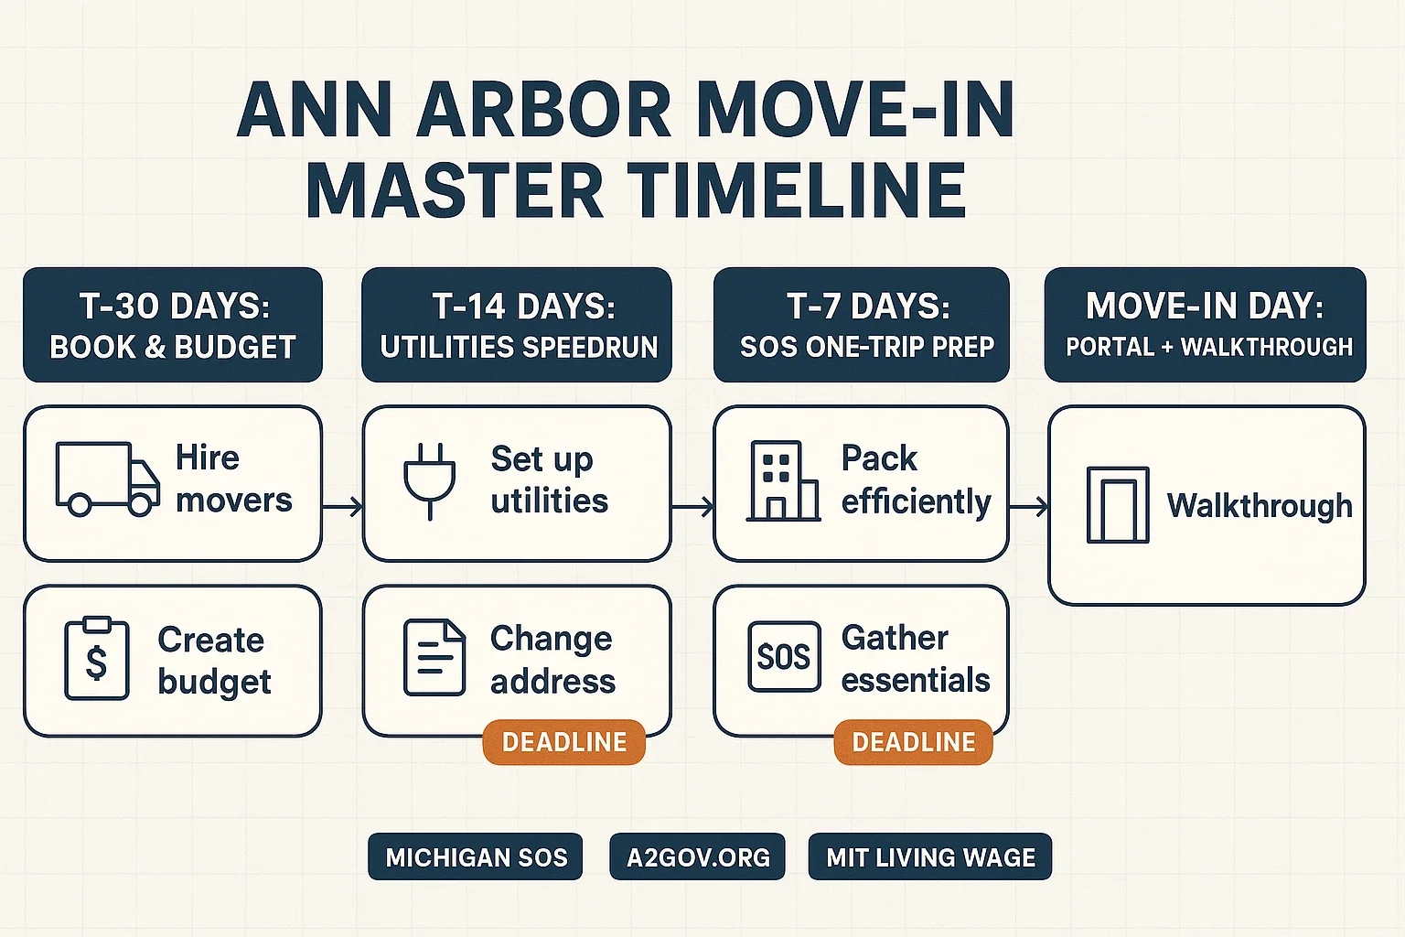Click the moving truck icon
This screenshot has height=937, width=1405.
(107, 479)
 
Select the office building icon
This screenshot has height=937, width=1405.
(783, 480)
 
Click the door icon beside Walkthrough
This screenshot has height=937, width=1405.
(1118, 504)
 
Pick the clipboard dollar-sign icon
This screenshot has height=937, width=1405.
(97, 658)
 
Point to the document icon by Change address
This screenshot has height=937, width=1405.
(434, 657)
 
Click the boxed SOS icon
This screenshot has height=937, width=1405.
(784, 656)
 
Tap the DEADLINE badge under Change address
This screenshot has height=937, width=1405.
(563, 742)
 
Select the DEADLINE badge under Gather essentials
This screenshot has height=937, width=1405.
(913, 742)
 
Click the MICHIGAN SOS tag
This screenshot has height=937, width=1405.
(476, 856)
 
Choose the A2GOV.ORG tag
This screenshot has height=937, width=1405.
(698, 856)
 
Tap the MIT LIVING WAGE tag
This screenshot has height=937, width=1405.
(930, 856)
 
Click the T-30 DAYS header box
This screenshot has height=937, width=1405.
(173, 325)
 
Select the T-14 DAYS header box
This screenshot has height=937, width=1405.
(517, 325)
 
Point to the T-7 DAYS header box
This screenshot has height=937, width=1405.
(861, 325)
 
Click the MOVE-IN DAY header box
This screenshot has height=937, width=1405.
(1205, 325)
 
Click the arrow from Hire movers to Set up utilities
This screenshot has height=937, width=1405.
(342, 506)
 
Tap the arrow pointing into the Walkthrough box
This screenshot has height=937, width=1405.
(1029, 506)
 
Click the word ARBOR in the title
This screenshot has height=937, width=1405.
(544, 111)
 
